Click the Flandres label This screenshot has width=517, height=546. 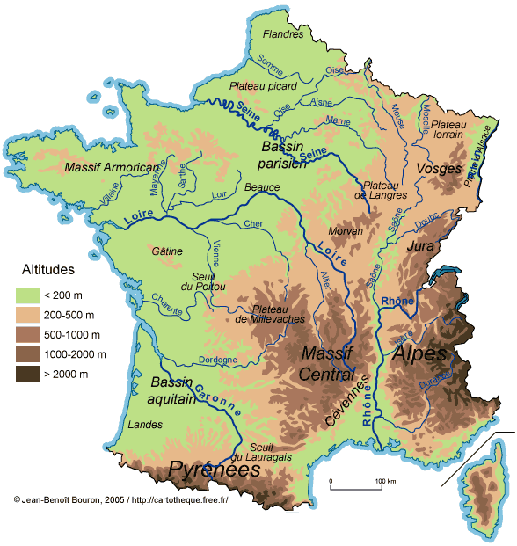[283, 34]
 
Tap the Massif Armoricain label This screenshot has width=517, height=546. [111, 166]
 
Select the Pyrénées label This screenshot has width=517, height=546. [215, 470]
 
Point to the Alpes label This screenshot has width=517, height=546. [419, 353]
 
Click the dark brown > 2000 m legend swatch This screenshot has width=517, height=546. [33, 374]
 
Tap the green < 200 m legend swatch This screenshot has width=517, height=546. [33, 295]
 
